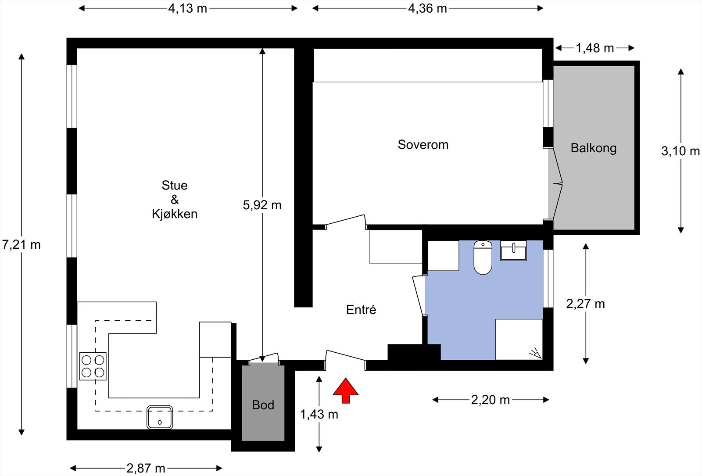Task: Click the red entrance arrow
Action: pyautogui.click(x=345, y=390)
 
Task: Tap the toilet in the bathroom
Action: pyautogui.click(x=483, y=258)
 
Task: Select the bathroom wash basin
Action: pyautogui.click(x=513, y=251)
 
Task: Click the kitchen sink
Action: pyautogui.click(x=160, y=417)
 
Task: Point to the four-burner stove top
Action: pyautogui.click(x=93, y=366)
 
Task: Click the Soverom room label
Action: pyautogui.click(x=423, y=145)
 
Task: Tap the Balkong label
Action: pyautogui.click(x=594, y=148)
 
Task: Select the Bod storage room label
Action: pyautogui.click(x=263, y=405)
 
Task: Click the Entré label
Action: pyautogui.click(x=361, y=310)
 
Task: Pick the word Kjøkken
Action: pyautogui.click(x=175, y=214)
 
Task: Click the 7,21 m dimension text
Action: pyautogui.click(x=21, y=245)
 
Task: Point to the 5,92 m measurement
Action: pyautogui.click(x=262, y=205)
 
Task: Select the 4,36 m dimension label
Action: pyautogui.click(x=427, y=8)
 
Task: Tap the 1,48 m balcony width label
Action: pyautogui.click(x=595, y=48)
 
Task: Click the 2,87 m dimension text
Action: pyautogui.click(x=146, y=469)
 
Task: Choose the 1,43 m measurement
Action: pyautogui.click(x=319, y=414)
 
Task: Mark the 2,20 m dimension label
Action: pyautogui.click(x=491, y=400)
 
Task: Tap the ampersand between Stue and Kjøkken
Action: pyautogui.click(x=175, y=200)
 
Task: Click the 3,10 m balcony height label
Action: pyautogui.click(x=681, y=151)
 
